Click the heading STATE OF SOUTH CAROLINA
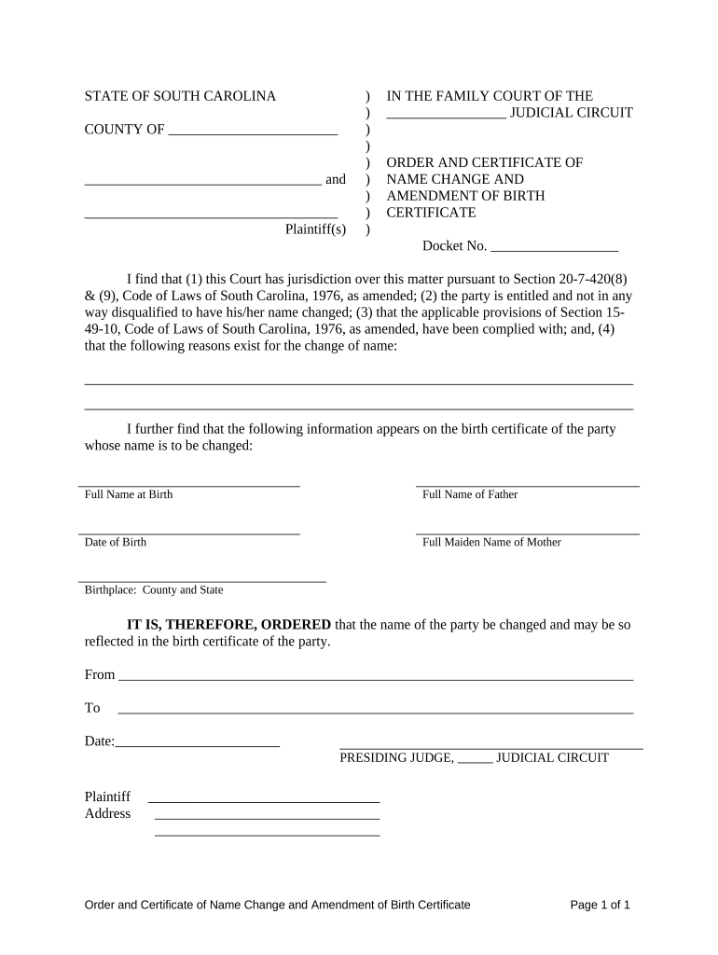(180, 96)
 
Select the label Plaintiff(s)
(315, 229)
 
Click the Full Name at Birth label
(129, 494)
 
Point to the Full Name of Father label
(470, 494)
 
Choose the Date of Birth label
(116, 542)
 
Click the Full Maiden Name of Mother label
(491, 542)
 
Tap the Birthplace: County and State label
(154, 589)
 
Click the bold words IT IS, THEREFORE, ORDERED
(228, 625)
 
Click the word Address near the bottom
(108, 813)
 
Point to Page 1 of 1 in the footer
(601, 905)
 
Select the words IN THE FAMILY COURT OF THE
(490, 96)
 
